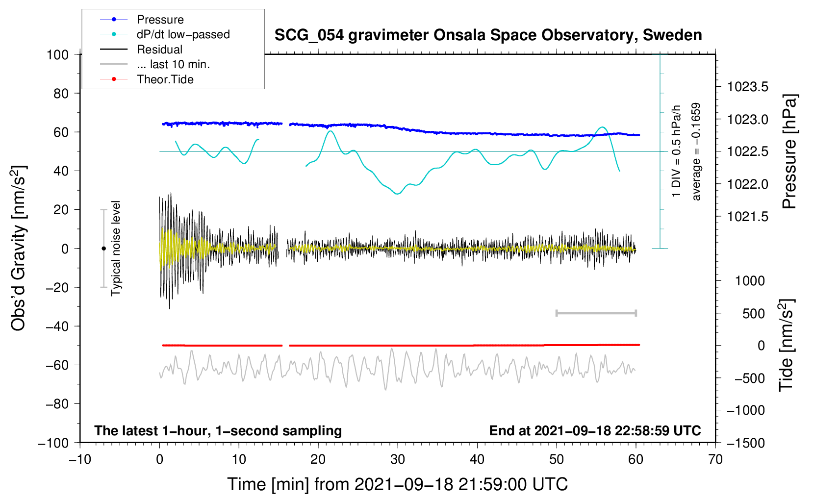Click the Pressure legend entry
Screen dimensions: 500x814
point(160,20)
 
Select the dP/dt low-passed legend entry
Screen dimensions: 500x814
point(183,34)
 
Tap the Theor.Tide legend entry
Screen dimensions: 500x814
point(165,79)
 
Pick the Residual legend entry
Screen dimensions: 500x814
point(159,50)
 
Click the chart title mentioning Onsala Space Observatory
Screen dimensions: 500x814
point(488,35)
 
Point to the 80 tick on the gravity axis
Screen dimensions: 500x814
point(61,93)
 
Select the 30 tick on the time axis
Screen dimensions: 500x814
point(398,459)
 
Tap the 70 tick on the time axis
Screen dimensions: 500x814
point(715,459)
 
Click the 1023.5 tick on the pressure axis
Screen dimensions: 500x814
point(747,87)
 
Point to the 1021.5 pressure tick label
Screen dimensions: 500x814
point(747,217)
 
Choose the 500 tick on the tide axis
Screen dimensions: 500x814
point(754,313)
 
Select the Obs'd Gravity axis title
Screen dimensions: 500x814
point(19,249)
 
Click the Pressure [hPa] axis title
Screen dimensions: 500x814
point(789,151)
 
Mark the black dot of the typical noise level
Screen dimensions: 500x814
point(103,249)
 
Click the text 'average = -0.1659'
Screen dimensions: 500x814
point(696,151)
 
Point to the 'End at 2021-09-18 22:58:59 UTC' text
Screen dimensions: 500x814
point(595,430)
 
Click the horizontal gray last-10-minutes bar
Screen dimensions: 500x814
point(596,313)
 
